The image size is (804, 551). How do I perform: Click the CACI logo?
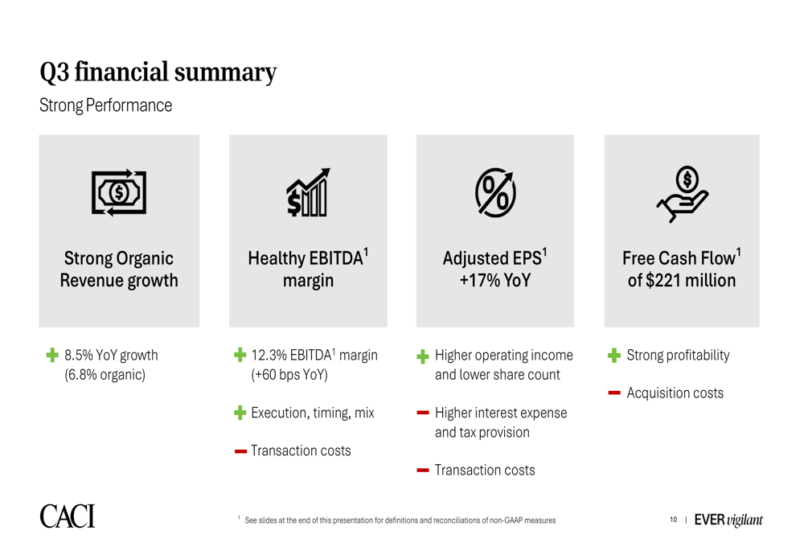tap(68, 516)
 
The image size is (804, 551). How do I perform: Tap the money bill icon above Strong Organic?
tap(119, 192)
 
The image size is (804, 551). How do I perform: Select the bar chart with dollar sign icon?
tap(308, 192)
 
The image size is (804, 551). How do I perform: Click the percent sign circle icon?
tap(495, 192)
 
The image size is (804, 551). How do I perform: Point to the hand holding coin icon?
tap(683, 194)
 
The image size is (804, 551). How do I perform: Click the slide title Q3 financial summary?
tap(158, 72)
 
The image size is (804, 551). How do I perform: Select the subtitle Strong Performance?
tap(105, 105)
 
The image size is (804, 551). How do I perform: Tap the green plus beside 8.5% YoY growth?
tap(52, 355)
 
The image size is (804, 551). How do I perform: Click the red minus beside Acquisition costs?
tap(614, 393)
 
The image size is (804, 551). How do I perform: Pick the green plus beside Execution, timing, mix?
tap(240, 413)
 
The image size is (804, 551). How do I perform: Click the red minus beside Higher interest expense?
tap(423, 413)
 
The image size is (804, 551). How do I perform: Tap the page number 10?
tap(673, 520)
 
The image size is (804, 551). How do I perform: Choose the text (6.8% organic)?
tap(105, 375)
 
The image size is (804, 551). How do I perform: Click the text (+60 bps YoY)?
tap(289, 375)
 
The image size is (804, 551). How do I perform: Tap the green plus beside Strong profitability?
tap(614, 355)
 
